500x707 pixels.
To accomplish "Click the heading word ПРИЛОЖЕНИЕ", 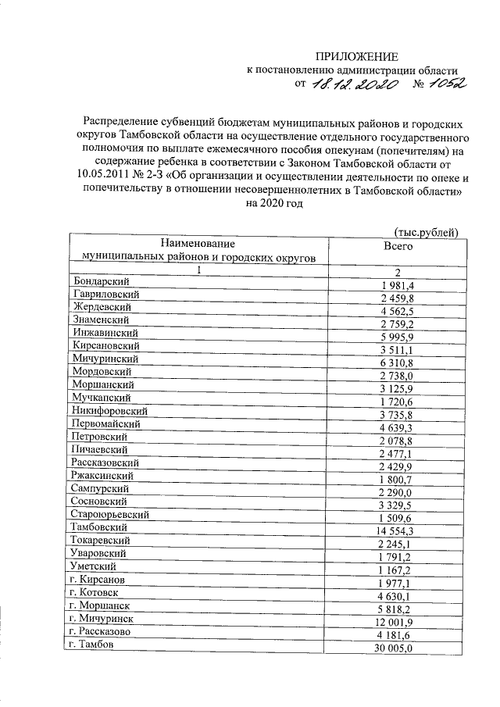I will (x=356, y=56).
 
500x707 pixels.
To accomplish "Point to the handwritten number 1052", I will (x=439, y=84).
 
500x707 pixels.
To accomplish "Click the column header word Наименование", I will (x=198, y=244).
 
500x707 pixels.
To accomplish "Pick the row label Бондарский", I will (x=100, y=281).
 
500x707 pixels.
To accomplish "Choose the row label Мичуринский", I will (x=105, y=358).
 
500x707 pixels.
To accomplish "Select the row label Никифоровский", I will (x=109, y=409).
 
